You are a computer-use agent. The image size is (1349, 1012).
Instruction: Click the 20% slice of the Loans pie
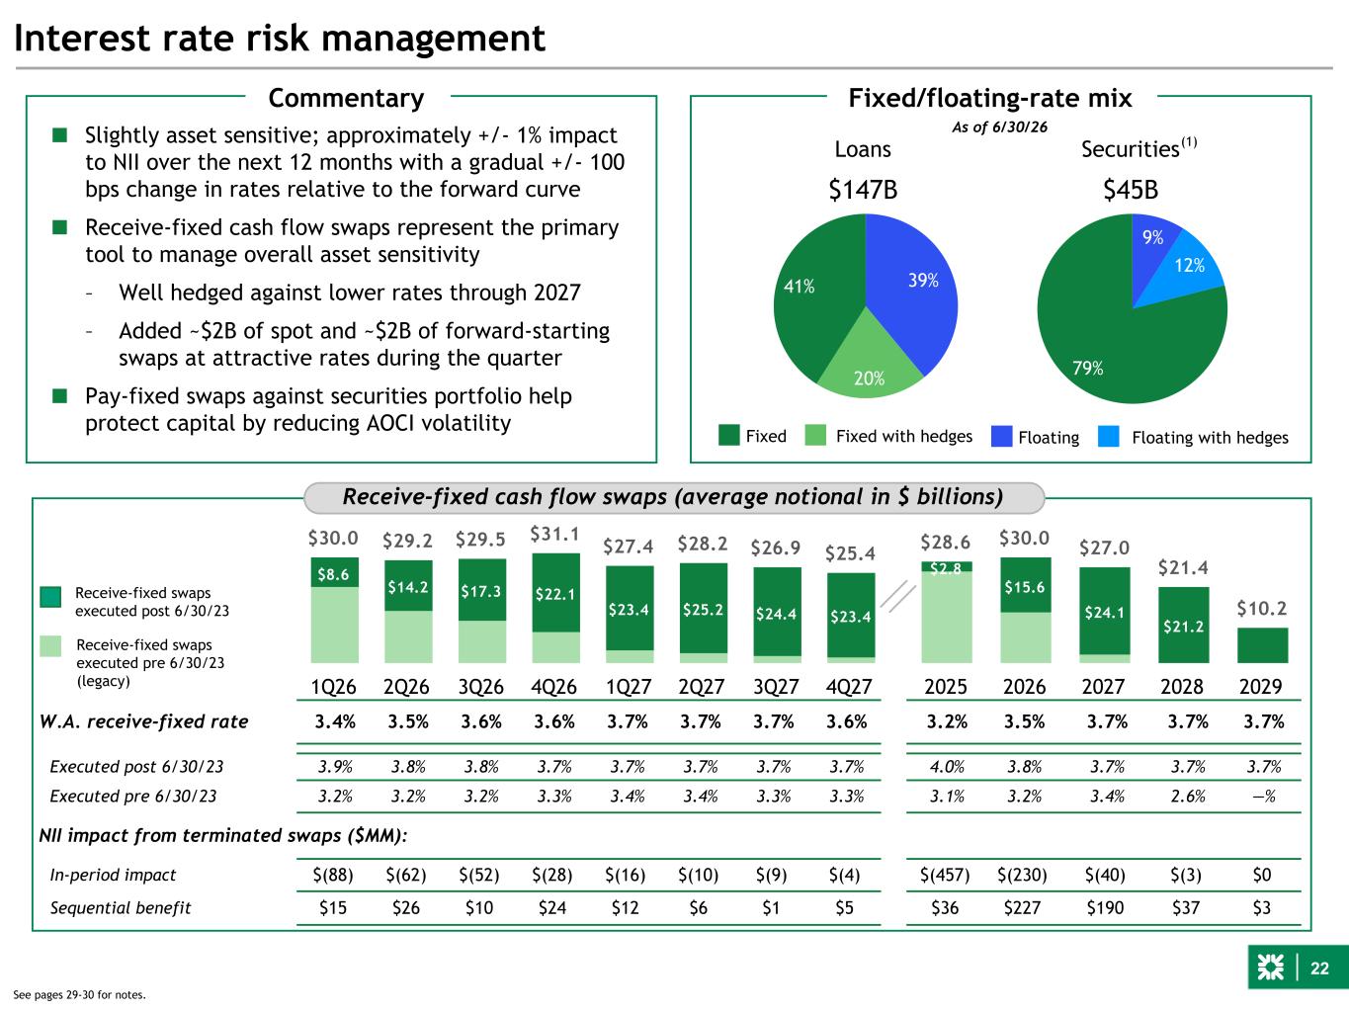[x=870, y=363]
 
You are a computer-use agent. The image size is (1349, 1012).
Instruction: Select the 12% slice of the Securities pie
[x=1186, y=271]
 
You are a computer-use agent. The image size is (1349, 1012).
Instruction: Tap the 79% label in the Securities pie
[x=1087, y=368]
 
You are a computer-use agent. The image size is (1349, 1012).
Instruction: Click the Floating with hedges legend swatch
[x=1108, y=436]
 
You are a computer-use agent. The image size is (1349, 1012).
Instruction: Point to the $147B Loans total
[x=863, y=189]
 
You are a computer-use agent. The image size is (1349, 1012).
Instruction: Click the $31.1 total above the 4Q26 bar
[x=555, y=534]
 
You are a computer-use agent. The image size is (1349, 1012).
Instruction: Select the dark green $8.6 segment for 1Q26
[x=334, y=572]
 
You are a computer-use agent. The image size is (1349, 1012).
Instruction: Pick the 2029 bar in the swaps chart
[x=1262, y=645]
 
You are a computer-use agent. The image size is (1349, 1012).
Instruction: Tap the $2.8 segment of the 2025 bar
[x=947, y=567]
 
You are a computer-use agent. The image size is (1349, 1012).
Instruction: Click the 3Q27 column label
[x=776, y=686]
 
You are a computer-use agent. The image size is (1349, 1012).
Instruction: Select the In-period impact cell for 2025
[x=945, y=875]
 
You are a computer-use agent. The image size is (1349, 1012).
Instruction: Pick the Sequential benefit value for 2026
[x=1022, y=907]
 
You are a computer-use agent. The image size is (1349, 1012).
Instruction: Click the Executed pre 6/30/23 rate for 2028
[x=1187, y=797]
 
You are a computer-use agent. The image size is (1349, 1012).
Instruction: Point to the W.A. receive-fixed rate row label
[x=144, y=721]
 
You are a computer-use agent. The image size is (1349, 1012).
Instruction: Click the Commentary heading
[x=346, y=98]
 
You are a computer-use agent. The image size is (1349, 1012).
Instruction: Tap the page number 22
[x=1319, y=969]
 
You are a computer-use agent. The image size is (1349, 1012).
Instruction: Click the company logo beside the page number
[x=1270, y=968]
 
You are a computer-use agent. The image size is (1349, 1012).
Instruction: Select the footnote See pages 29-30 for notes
[x=79, y=995]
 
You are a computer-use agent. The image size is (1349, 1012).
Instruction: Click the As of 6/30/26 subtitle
[x=999, y=127]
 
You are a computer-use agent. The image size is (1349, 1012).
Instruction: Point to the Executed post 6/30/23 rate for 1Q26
[x=335, y=767]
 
